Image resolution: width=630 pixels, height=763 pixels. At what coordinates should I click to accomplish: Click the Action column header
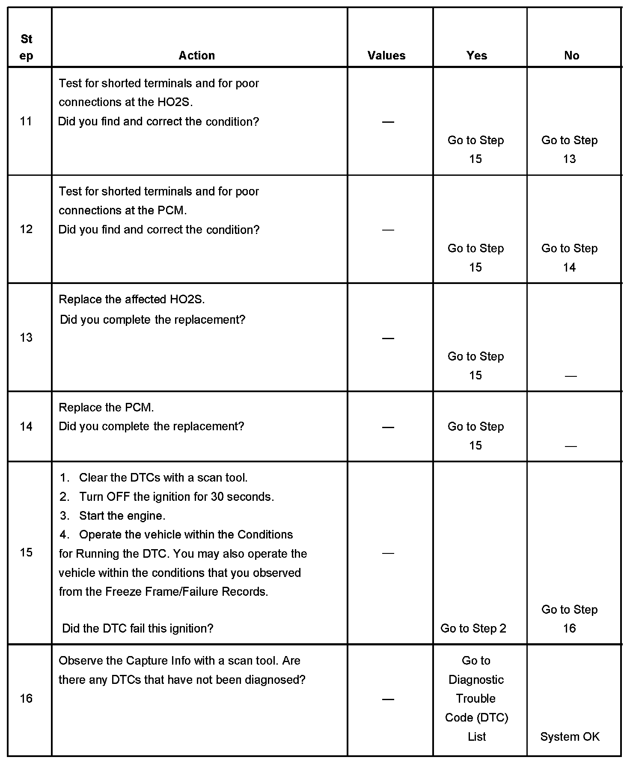pyautogui.click(x=196, y=55)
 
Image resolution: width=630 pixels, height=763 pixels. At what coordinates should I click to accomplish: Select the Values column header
pyautogui.click(x=386, y=55)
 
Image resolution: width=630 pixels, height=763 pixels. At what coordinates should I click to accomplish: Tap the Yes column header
pyautogui.click(x=477, y=55)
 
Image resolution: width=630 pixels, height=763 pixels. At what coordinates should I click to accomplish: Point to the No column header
pyautogui.click(x=571, y=55)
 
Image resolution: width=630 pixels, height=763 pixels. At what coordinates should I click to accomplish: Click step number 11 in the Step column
pyautogui.click(x=26, y=121)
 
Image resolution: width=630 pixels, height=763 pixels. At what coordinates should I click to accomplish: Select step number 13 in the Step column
pyautogui.click(x=26, y=338)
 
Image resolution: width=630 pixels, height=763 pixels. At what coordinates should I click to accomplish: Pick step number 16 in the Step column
pyautogui.click(x=26, y=698)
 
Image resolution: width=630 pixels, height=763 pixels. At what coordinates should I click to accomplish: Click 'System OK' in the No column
pyautogui.click(x=570, y=736)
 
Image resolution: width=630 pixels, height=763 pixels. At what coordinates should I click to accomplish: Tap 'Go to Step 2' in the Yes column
pyautogui.click(x=473, y=628)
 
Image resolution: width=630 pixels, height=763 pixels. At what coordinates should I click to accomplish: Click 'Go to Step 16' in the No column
pyautogui.click(x=569, y=619)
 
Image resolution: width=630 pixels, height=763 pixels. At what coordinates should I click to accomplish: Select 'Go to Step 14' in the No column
pyautogui.click(x=569, y=258)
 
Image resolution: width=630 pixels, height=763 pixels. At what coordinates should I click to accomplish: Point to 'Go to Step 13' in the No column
pyautogui.click(x=569, y=150)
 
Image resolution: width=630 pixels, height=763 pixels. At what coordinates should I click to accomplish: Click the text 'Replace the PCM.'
pyautogui.click(x=106, y=408)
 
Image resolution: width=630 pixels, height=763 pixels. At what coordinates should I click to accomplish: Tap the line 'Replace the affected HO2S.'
pyautogui.click(x=132, y=299)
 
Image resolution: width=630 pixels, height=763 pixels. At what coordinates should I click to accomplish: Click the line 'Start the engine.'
pyautogui.click(x=122, y=516)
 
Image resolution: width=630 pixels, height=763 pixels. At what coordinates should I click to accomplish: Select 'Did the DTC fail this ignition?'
pyautogui.click(x=138, y=628)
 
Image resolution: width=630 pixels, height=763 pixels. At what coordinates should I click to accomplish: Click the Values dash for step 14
pyautogui.click(x=388, y=427)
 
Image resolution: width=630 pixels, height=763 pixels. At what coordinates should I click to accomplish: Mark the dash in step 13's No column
pyautogui.click(x=571, y=376)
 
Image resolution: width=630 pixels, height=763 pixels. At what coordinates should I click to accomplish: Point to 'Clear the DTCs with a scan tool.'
pyautogui.click(x=163, y=478)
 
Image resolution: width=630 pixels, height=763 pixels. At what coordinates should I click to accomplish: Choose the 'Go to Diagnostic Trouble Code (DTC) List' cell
pyautogui.click(x=476, y=698)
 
